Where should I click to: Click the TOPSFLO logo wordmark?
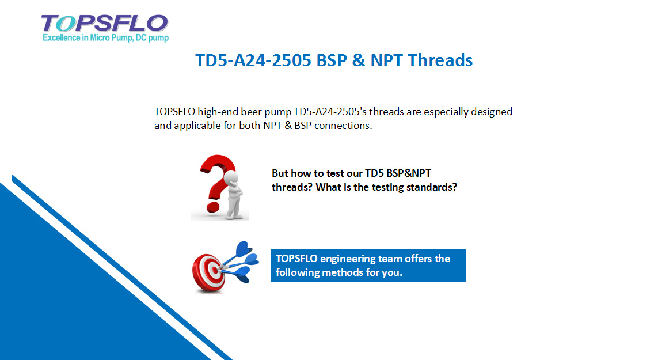coord(105,23)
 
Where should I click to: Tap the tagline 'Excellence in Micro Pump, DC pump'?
coord(106,38)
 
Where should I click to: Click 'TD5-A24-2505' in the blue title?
coord(253,60)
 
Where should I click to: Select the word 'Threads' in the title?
coord(440,60)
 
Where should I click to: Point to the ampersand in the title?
coord(359,60)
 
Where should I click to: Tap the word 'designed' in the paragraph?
coord(492,112)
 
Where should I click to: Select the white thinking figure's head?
coord(231,177)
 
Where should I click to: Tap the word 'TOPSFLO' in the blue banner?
coord(296,259)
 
